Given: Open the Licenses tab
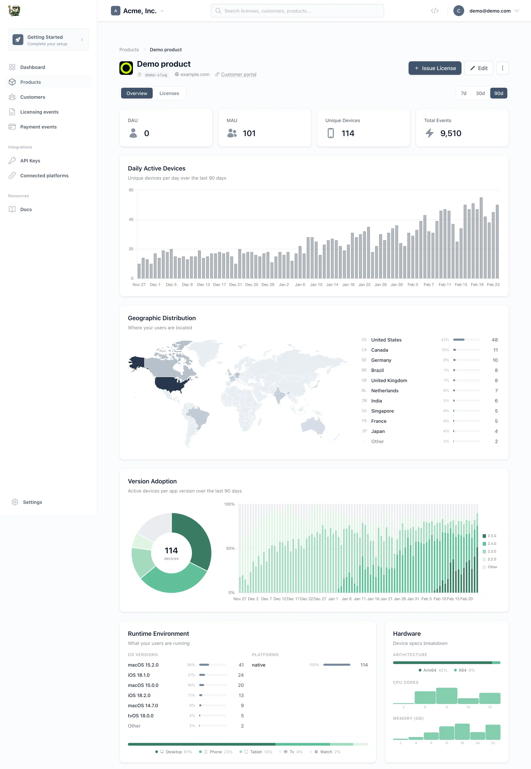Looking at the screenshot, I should (169, 93).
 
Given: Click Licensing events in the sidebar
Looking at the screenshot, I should (39, 112).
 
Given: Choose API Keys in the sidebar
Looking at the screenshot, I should (30, 161).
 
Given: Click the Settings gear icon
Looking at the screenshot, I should (15, 502).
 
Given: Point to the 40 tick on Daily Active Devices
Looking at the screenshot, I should (131, 219).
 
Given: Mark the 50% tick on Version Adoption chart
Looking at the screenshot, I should (230, 548).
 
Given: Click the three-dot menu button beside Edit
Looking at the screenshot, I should (502, 68).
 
